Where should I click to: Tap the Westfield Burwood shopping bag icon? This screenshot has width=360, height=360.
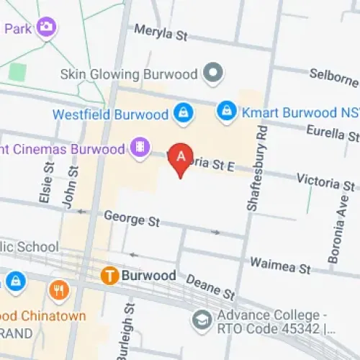[182, 113]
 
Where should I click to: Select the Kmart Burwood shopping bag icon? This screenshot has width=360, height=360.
[226, 112]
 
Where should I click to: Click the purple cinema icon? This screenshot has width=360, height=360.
[139, 148]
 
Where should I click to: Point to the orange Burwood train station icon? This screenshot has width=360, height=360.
[109, 275]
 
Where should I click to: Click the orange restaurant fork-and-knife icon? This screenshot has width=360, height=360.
[58, 290]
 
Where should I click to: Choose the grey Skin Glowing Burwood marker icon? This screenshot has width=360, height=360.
[213, 73]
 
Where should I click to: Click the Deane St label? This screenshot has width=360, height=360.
[210, 286]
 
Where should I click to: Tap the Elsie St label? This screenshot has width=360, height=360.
[48, 186]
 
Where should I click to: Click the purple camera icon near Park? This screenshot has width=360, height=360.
[48, 27]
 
